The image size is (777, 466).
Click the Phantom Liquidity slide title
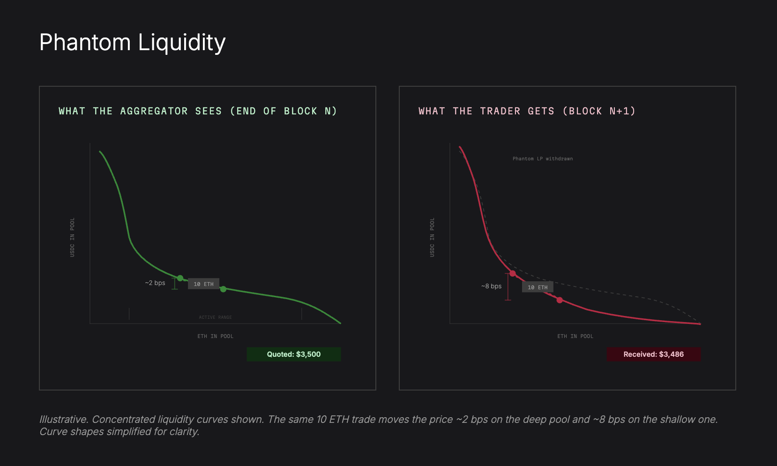[x=132, y=43]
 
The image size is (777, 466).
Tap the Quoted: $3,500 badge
[x=294, y=354]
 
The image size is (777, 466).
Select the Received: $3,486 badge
[x=654, y=354]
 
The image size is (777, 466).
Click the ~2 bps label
[x=155, y=283]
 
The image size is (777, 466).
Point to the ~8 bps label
[x=491, y=286]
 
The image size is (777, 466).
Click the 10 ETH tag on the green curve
[x=203, y=284]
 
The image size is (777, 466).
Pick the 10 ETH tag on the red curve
[x=538, y=287]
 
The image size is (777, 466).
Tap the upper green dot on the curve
[x=180, y=278]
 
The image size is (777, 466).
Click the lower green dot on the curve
[x=223, y=289]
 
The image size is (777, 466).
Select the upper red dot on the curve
[x=513, y=273]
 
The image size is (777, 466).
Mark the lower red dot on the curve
[x=560, y=300]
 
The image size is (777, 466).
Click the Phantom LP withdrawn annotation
[x=542, y=159]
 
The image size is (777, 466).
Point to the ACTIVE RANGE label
[x=215, y=317]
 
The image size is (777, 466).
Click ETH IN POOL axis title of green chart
[x=215, y=336]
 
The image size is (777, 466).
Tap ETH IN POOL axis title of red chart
[x=575, y=336]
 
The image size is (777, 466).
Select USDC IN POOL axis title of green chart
[x=72, y=237]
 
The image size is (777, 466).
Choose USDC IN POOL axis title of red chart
[x=432, y=237]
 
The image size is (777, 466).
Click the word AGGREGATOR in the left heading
[x=154, y=111]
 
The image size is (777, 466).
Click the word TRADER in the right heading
[x=500, y=111]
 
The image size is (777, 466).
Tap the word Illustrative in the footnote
[x=64, y=419]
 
